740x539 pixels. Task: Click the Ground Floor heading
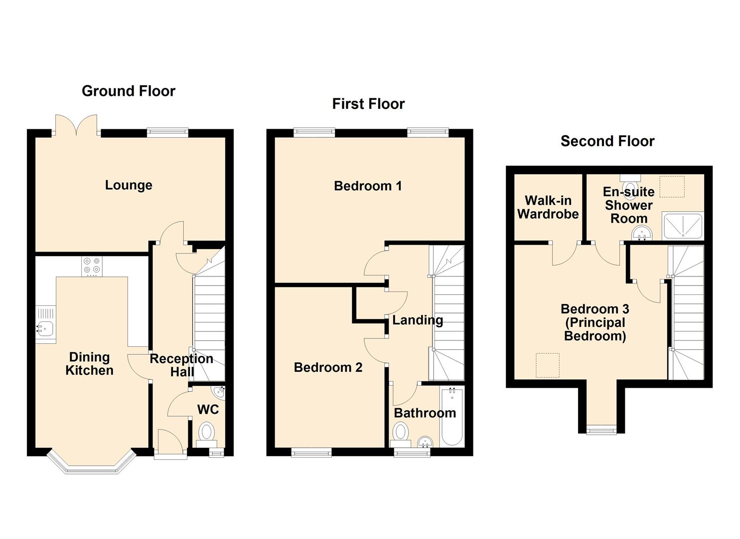click(x=129, y=91)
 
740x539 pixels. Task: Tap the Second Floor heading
click(x=607, y=141)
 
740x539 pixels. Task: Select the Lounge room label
click(x=129, y=185)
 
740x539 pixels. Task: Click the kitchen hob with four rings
click(x=92, y=266)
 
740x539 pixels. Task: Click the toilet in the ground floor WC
click(x=206, y=433)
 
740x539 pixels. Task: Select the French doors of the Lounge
click(x=76, y=126)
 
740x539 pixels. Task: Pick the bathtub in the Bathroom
click(x=452, y=417)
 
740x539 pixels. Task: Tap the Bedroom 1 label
click(x=368, y=186)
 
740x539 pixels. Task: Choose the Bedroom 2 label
click(x=328, y=368)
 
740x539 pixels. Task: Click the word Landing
click(x=418, y=320)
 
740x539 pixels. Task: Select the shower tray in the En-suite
click(x=682, y=226)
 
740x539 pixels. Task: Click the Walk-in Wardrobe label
click(x=548, y=207)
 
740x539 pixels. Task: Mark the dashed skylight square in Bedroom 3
click(x=547, y=365)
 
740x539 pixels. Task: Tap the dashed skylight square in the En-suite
click(x=672, y=187)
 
